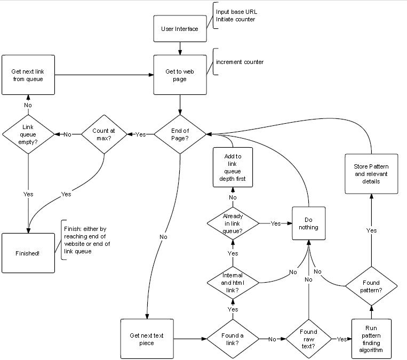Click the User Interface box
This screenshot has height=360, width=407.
click(x=180, y=28)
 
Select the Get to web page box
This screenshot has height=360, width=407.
click(x=180, y=76)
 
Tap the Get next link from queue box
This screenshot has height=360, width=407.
click(x=28, y=76)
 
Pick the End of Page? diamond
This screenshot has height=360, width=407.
click(x=180, y=134)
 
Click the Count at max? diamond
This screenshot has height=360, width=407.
click(x=104, y=134)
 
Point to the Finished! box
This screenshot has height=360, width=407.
click(x=28, y=253)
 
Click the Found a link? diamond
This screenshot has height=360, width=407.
click(x=233, y=339)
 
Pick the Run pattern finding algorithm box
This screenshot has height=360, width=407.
click(x=372, y=339)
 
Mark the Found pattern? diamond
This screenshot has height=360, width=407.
click(x=372, y=287)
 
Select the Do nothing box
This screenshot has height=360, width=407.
click(x=308, y=223)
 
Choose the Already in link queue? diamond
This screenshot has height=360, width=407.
click(x=233, y=223)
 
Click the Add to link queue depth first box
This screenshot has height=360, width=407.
click(x=233, y=167)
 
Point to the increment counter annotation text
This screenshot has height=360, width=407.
click(x=240, y=62)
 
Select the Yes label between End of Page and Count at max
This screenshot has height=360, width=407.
click(x=141, y=134)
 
